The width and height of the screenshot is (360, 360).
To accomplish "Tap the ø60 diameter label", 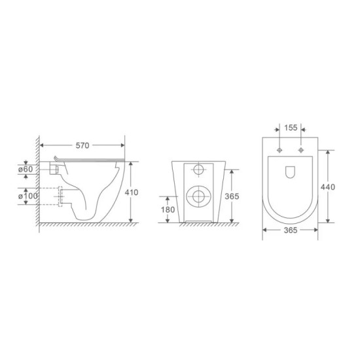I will [x=27, y=170].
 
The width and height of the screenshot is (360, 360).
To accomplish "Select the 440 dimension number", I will [x=328, y=187].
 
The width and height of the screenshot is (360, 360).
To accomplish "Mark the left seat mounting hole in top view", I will [x=279, y=150].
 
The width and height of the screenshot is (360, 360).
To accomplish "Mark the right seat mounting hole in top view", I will [x=301, y=150].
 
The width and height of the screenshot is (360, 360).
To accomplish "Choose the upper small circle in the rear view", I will [x=198, y=170].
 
